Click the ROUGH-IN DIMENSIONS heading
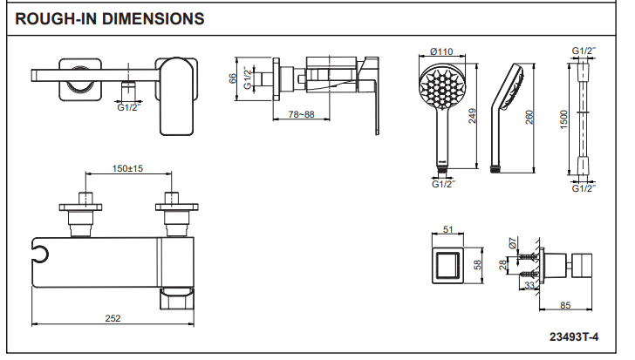point(111,17)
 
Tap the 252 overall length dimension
point(113,318)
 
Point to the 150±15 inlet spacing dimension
point(127,168)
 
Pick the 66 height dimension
point(234,78)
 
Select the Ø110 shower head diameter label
point(441,51)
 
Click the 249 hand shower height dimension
point(472,115)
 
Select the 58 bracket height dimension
point(478,263)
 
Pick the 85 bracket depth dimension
point(566,305)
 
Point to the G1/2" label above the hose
point(583,51)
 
